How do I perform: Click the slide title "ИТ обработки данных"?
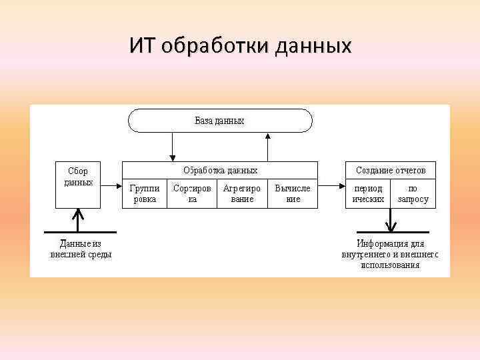pos(240,46)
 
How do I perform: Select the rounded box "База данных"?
pos(219,121)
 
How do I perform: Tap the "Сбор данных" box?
pos(78,183)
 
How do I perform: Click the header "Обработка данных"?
pos(220,170)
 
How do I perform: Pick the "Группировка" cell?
pos(144,193)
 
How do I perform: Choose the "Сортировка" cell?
pos(192,193)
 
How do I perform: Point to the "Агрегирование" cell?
pos(241,193)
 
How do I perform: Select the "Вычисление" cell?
pos(293,193)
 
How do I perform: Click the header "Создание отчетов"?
pos(390,170)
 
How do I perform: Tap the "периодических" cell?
pos(368,193)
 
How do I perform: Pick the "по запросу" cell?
pos(413,193)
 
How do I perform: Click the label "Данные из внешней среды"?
pos(81,249)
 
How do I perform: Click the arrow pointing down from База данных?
pos(172,145)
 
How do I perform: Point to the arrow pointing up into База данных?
pos(267,145)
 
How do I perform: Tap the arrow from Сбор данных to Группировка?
pos(111,187)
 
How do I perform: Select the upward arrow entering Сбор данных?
pos(79,220)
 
